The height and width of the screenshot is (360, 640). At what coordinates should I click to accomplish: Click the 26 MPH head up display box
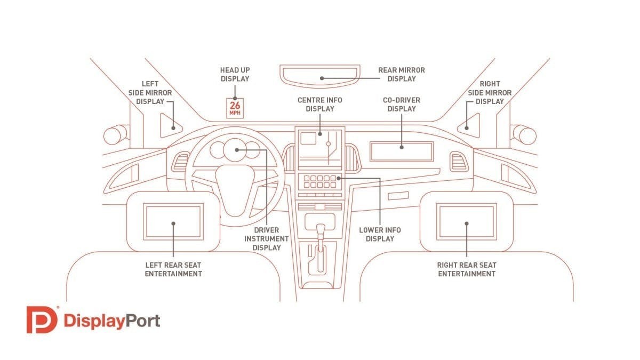point(235,107)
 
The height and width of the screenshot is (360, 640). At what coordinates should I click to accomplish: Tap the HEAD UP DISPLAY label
point(235,74)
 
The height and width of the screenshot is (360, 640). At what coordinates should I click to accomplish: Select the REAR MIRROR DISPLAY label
point(402,74)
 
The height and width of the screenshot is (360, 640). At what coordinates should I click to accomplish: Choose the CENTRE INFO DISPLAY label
point(320,104)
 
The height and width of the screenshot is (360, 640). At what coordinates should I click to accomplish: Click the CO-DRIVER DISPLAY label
point(402,104)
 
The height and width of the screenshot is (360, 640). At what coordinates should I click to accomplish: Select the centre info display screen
point(320,147)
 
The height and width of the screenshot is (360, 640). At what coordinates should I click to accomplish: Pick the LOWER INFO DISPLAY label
point(380,234)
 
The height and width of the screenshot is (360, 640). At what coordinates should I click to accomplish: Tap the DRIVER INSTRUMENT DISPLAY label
point(267,239)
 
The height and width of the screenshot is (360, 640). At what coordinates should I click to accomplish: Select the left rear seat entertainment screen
point(174,221)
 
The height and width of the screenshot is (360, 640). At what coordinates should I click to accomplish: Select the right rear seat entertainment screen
point(467,221)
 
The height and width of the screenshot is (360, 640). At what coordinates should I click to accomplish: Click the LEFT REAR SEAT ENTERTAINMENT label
point(174,269)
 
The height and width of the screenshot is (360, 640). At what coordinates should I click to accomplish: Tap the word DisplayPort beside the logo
point(111,321)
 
